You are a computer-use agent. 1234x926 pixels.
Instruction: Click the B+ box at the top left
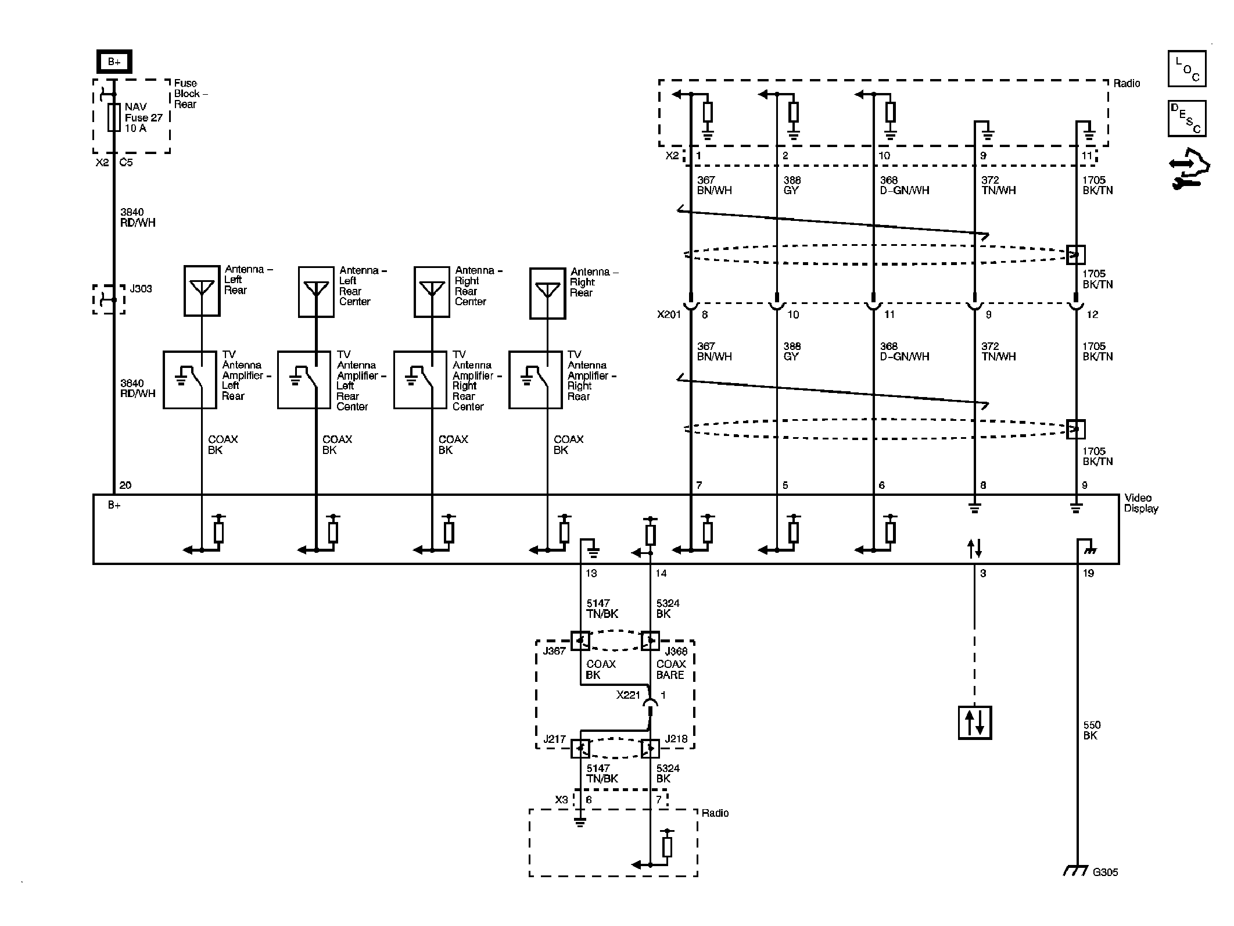(x=114, y=62)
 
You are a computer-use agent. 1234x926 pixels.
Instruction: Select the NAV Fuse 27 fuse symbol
(x=114, y=117)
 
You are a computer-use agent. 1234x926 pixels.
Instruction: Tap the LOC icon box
(x=1186, y=69)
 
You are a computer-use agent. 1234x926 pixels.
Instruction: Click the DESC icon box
(x=1186, y=119)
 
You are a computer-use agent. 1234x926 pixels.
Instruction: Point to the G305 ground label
(x=1105, y=888)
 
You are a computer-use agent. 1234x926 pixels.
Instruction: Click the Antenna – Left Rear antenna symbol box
(x=202, y=291)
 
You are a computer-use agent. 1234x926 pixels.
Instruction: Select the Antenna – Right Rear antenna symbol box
(x=547, y=293)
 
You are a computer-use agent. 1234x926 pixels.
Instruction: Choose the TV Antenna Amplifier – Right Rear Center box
(x=419, y=380)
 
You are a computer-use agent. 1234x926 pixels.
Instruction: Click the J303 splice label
(x=141, y=289)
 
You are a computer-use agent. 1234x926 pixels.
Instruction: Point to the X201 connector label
(x=669, y=314)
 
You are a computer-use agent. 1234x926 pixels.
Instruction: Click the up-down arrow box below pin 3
(x=974, y=723)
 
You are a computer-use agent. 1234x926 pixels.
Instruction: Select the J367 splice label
(x=554, y=651)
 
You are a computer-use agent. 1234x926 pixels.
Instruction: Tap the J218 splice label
(x=676, y=739)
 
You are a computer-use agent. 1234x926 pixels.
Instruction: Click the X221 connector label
(x=628, y=695)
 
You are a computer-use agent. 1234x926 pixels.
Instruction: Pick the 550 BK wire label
(x=1091, y=730)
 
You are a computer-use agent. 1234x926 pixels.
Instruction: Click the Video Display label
(x=1140, y=503)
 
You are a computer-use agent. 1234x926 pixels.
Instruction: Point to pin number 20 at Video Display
(x=125, y=485)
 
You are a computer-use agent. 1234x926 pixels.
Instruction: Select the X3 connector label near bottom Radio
(x=561, y=800)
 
